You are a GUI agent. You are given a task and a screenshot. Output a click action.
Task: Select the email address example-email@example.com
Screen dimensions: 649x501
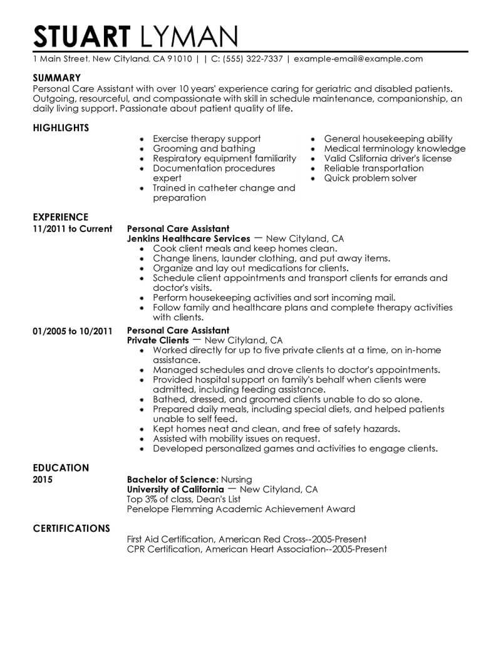[358, 59]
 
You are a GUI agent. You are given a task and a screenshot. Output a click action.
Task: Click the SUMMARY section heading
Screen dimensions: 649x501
[56, 78]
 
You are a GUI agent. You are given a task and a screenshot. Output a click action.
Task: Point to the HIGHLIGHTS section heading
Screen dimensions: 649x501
[60, 128]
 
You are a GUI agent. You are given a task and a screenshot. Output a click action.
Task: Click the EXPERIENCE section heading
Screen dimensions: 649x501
[60, 218]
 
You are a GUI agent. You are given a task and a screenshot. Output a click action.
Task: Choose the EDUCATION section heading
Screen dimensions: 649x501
[60, 468]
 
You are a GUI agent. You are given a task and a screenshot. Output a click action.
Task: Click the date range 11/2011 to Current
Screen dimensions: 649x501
[72, 229]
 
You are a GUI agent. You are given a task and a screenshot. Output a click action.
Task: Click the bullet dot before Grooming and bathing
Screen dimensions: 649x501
[143, 149]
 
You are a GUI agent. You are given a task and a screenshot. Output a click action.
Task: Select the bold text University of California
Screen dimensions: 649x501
[175, 489]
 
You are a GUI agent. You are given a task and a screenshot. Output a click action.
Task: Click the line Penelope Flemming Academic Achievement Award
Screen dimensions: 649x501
[240, 509]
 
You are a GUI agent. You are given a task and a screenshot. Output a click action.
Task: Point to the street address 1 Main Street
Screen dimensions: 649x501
[60, 59]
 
